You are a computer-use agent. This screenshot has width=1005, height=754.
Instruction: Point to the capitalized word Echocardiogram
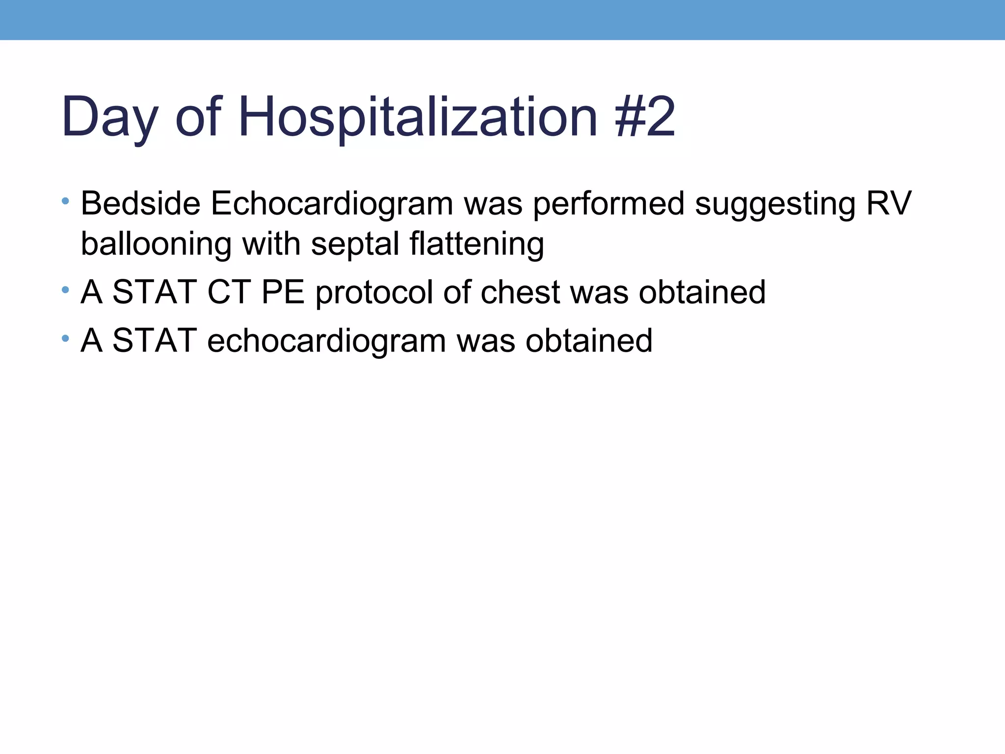(x=332, y=204)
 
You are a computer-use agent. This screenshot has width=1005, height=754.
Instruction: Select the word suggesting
(x=775, y=204)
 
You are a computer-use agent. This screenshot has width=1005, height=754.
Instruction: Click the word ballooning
(x=156, y=244)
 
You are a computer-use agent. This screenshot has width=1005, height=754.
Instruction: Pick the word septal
(x=355, y=244)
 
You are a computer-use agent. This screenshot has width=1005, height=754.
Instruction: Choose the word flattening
(x=476, y=244)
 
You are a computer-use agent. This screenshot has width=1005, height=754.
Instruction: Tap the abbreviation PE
(x=283, y=292)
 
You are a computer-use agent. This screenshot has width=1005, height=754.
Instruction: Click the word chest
(x=520, y=292)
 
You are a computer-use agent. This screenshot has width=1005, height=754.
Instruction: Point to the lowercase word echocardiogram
(x=326, y=341)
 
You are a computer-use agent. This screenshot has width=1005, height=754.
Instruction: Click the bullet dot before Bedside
(x=65, y=201)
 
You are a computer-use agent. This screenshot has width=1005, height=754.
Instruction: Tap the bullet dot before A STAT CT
(x=65, y=290)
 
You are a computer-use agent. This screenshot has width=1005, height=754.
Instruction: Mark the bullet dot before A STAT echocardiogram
(x=65, y=338)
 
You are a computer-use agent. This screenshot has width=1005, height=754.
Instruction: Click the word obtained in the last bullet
(x=589, y=341)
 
